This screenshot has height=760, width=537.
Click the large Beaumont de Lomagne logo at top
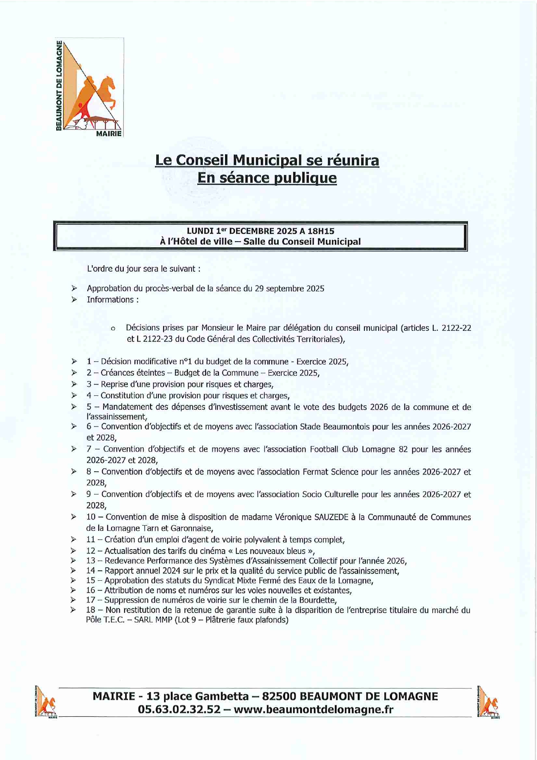[90, 87]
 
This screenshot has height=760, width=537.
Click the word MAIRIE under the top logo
[109, 134]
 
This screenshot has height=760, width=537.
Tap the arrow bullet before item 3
[74, 384]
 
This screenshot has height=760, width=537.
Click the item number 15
[91, 581]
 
